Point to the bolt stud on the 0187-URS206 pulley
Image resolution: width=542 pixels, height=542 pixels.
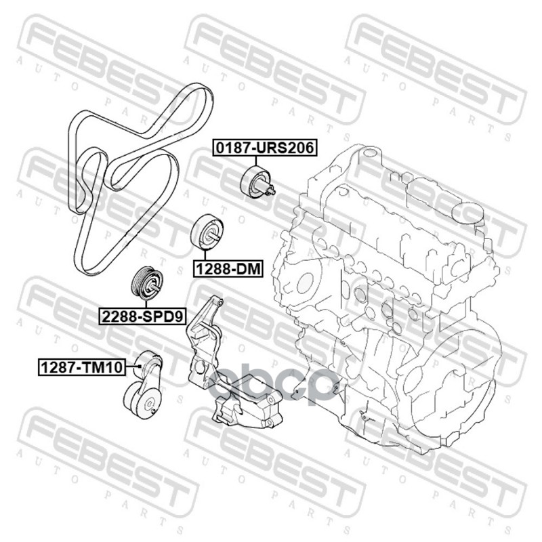(272, 190)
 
